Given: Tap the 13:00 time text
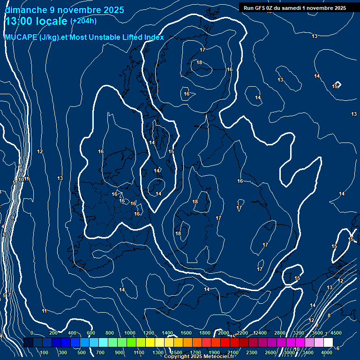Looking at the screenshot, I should point(20,22).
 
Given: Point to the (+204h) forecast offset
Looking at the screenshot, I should point(83,21).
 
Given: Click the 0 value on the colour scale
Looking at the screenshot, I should point(32,333).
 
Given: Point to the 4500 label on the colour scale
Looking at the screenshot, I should point(336,333).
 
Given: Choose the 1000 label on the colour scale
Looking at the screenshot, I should point(130,333).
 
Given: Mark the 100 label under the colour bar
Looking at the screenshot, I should point(45,352).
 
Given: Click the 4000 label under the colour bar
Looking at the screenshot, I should point(327,352).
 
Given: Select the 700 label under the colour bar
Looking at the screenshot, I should point(100,352).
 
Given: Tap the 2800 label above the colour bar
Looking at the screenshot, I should point(279,333).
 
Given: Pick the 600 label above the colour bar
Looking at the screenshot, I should point(91,333).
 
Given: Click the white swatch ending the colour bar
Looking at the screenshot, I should point(328,343).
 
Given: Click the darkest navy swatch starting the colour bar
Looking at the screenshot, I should point(28,343).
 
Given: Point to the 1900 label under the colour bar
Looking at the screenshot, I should point(214,352).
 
